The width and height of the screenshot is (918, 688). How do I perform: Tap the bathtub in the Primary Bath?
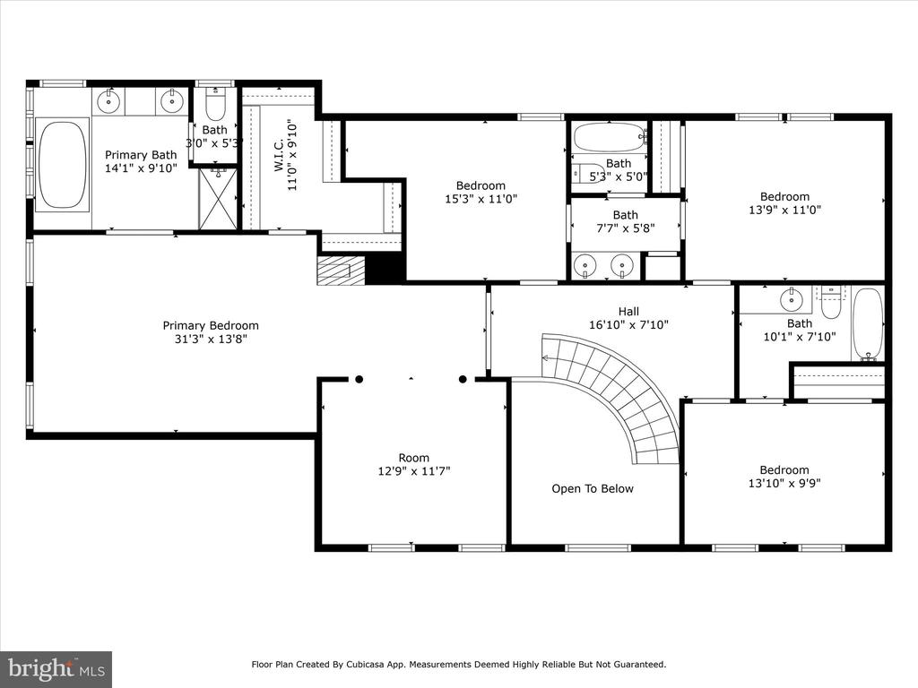click(x=62, y=165)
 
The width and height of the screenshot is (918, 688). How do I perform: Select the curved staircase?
click(x=611, y=391)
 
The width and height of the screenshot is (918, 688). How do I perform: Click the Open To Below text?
click(x=593, y=488)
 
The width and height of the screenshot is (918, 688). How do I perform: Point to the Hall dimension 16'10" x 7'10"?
click(x=628, y=324)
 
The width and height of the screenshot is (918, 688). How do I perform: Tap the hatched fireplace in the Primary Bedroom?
click(x=341, y=271)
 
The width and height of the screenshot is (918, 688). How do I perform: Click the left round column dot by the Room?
click(x=359, y=379)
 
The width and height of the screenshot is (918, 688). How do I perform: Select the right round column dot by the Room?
click(x=463, y=379)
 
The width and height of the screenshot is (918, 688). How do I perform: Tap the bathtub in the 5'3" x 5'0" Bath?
click(x=610, y=137)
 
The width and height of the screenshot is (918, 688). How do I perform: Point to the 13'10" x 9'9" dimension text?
click(x=784, y=483)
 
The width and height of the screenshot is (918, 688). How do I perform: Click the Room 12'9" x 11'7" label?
click(x=414, y=465)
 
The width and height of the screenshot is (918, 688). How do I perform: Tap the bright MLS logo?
click(x=56, y=668)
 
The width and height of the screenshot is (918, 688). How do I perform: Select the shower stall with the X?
click(x=219, y=199)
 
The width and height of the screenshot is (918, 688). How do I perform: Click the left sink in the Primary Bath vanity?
click(x=108, y=102)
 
